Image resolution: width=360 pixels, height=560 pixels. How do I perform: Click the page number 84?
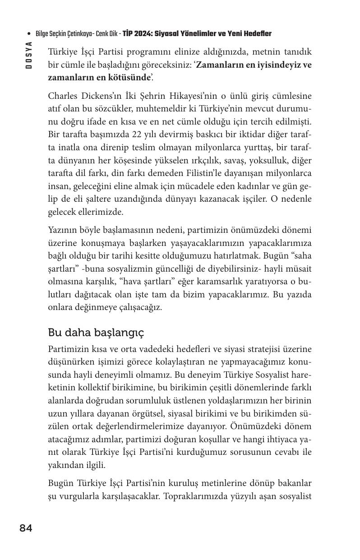tap(26, 528)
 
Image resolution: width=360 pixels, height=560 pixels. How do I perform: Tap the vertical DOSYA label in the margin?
tap(29, 55)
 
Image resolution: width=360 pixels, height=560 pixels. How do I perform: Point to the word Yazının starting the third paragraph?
tap(63, 230)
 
